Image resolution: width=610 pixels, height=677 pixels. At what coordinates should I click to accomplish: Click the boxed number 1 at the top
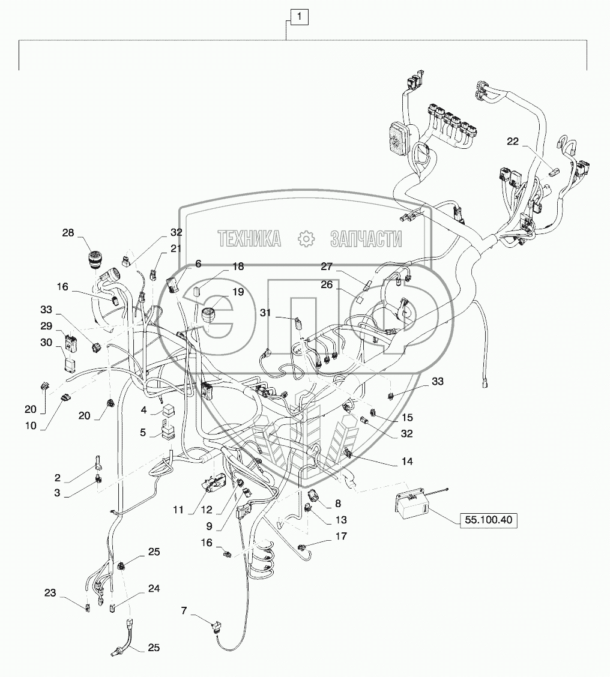click(300, 17)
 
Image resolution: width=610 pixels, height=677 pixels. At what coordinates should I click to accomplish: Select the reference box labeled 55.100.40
click(488, 519)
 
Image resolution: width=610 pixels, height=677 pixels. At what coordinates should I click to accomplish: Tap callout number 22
click(512, 141)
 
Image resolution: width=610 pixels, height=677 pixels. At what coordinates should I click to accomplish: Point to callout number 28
click(68, 233)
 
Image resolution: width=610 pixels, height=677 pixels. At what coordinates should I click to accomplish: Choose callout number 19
click(238, 292)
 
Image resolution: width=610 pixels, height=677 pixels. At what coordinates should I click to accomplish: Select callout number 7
click(184, 611)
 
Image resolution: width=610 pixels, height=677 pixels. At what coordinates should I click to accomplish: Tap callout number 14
click(407, 462)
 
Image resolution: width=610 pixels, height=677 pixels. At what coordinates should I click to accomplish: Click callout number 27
click(327, 266)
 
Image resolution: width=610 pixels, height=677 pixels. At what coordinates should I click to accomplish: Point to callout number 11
click(178, 510)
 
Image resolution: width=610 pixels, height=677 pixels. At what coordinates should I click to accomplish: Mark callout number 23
click(50, 593)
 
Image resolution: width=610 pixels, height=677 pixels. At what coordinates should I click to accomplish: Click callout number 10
click(31, 426)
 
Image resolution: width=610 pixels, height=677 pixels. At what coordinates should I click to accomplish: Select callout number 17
click(341, 536)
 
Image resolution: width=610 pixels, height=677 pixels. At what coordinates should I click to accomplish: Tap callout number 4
click(143, 410)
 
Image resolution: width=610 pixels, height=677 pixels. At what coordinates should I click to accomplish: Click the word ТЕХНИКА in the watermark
click(249, 239)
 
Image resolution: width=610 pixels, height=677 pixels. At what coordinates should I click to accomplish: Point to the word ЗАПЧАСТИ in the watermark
click(366, 239)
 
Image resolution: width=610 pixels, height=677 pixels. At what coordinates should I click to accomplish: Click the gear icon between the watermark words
click(306, 239)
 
